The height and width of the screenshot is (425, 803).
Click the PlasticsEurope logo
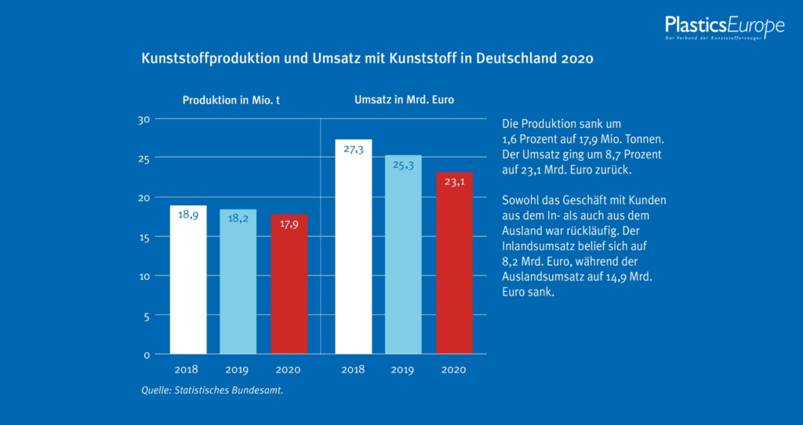coord(724,27)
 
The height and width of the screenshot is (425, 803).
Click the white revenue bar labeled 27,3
coord(354,247)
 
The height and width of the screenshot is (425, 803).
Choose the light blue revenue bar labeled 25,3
coord(403,255)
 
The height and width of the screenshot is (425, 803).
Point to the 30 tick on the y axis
coord(144,119)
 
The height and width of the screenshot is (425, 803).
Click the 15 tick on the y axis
coord(144,237)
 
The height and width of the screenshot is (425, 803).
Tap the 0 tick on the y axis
coord(146,354)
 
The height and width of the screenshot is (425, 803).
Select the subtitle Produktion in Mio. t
coord(231,100)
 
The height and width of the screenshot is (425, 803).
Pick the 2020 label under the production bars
coord(288,369)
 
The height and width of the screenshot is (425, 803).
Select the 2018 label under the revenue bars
coord(354,369)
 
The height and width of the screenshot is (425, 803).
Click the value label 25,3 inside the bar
coord(403,165)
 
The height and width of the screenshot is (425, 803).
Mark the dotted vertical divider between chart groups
coord(322,235)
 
